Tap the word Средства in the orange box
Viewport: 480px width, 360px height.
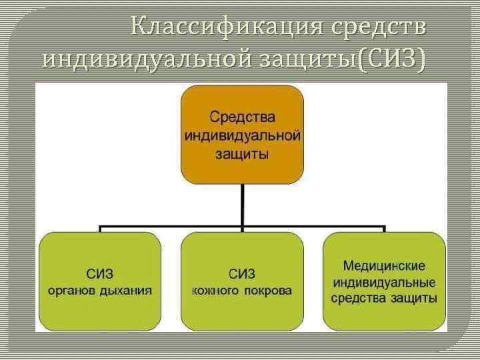tap(242, 117)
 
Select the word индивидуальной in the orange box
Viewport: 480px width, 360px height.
tap(242, 136)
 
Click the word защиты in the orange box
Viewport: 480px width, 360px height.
tap(242, 155)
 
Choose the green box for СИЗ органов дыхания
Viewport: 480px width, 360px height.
tap(100, 280)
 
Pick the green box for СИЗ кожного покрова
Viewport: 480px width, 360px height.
tap(242, 280)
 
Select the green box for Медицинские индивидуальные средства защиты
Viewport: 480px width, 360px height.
tap(384, 280)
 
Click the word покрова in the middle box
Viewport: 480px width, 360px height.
tap(267, 291)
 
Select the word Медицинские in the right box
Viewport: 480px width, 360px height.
tap(384, 265)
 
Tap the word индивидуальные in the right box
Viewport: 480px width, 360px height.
tap(384, 281)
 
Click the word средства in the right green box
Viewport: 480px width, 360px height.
tap(361, 298)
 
